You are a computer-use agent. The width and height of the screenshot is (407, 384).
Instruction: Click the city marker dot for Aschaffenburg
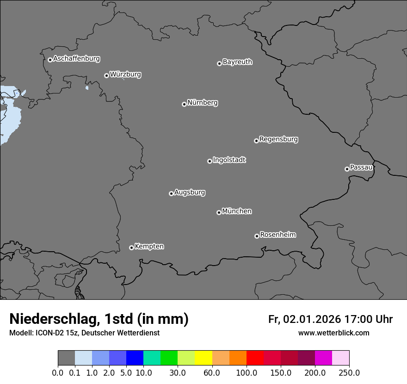pyautogui.click(x=50, y=60)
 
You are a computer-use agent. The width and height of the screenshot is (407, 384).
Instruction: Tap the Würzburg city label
pyautogui.click(x=125, y=74)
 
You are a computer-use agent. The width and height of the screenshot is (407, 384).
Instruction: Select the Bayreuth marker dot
pyautogui.click(x=219, y=63)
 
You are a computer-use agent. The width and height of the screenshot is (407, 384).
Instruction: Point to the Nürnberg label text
pyautogui.click(x=202, y=103)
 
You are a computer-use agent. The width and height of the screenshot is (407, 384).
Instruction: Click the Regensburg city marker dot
pyautogui.click(x=256, y=141)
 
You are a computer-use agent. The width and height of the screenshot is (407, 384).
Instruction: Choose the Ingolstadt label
pyautogui.click(x=229, y=160)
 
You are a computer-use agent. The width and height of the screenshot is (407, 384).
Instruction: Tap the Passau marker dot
pyautogui.click(x=347, y=169)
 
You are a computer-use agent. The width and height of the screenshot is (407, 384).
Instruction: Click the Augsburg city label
pyautogui.click(x=190, y=192)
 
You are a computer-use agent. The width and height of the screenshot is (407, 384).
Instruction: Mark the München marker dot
pyautogui.click(x=219, y=212)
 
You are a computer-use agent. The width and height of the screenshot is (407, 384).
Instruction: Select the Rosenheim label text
pyautogui.click(x=277, y=235)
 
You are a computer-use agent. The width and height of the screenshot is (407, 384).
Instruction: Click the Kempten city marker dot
pyautogui.click(x=131, y=248)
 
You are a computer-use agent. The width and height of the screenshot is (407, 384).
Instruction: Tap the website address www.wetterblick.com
pyautogui.click(x=333, y=333)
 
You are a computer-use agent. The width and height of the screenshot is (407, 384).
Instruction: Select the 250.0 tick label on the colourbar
pyautogui.click(x=349, y=372)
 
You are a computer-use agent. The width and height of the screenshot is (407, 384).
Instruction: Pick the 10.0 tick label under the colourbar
pyautogui.click(x=143, y=372)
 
